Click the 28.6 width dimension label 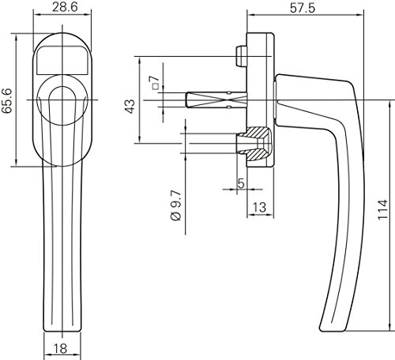tap(65, 7)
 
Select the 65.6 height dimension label tap(7, 101)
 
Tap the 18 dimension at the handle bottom tap(61, 348)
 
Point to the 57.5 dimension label tap(303, 9)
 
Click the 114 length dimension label tap(382, 210)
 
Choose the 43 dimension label tap(130, 107)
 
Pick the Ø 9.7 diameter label tap(176, 205)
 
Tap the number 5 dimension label tap(241, 183)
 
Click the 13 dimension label tap(260, 208)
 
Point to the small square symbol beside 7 tap(156, 86)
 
